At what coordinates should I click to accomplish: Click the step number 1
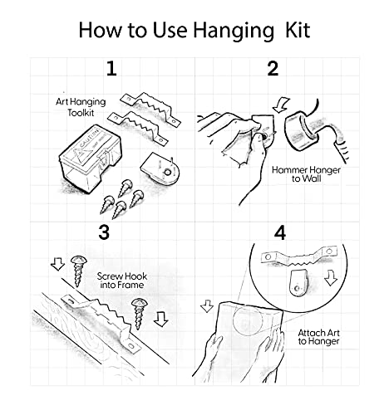pyautogui.click(x=111, y=69)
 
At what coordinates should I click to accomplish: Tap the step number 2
pyautogui.click(x=273, y=69)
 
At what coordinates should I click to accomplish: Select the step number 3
pyautogui.click(x=104, y=232)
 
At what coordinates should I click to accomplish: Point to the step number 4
pyautogui.click(x=280, y=233)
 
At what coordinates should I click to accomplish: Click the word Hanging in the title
pyautogui.click(x=234, y=31)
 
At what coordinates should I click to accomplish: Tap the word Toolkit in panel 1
pyautogui.click(x=81, y=113)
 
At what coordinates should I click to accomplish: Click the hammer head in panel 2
pyautogui.click(x=302, y=131)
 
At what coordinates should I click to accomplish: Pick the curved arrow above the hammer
pyautogui.click(x=281, y=105)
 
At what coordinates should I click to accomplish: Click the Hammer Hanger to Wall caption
pyautogui.click(x=306, y=174)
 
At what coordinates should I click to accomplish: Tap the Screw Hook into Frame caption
pyautogui.click(x=122, y=281)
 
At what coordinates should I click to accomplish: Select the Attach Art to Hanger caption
pyautogui.click(x=318, y=337)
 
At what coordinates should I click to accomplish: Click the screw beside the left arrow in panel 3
pyautogui.click(x=78, y=271)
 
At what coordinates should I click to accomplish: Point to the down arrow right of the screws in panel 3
pyautogui.click(x=160, y=319)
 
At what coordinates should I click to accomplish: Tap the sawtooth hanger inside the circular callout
pyautogui.click(x=299, y=256)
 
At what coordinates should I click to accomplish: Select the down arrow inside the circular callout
pyautogui.click(x=331, y=278)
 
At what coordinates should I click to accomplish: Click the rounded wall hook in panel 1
pyautogui.click(x=160, y=168)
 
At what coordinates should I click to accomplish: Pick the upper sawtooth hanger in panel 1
pyautogui.click(x=150, y=109)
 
